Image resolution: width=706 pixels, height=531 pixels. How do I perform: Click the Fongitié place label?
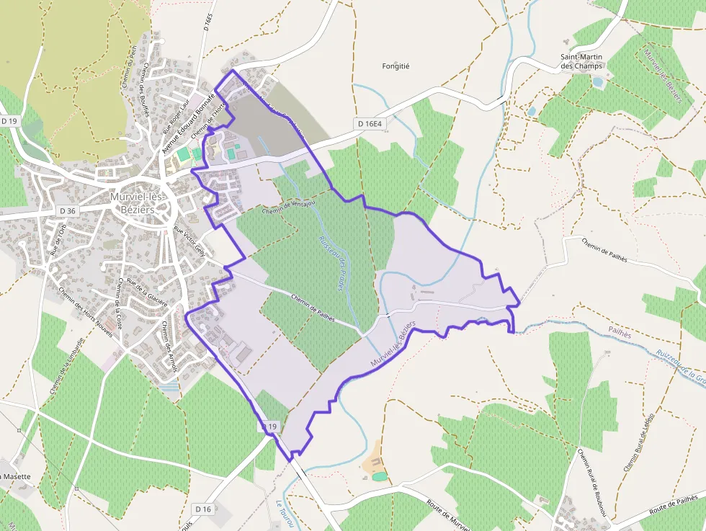point(395,66)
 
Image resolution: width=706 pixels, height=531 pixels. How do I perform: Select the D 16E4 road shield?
point(369,124)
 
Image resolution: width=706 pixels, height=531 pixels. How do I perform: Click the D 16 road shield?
point(203,509)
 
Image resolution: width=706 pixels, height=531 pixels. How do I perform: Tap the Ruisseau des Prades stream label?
point(332,264)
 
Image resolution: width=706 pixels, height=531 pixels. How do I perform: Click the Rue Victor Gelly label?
point(189,243)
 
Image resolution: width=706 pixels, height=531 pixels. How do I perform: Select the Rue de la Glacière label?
point(146,291)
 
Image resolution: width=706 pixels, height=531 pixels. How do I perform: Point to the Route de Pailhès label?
point(674,504)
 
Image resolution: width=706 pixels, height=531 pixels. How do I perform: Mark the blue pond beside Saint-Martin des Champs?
point(598,82)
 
